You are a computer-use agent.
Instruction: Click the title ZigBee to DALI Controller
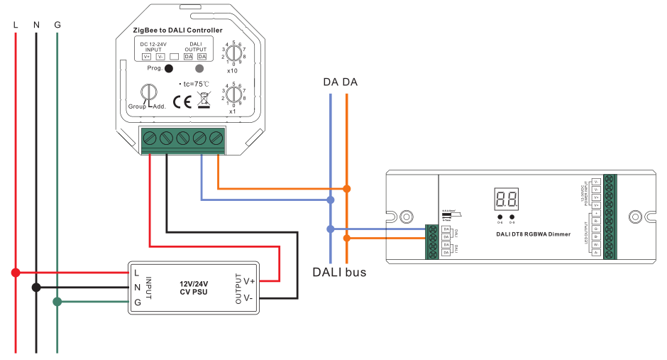tap(177, 31)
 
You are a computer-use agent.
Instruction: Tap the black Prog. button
tap(169, 69)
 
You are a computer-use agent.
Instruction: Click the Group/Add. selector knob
tap(148, 94)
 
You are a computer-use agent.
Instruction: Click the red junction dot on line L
tap(15, 272)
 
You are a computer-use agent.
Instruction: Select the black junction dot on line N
tap(36, 288)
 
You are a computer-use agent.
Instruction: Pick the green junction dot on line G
tap(57, 302)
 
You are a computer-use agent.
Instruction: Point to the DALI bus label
tap(340, 272)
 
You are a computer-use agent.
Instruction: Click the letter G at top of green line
tap(57, 25)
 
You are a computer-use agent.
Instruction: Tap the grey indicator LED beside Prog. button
tap(199, 69)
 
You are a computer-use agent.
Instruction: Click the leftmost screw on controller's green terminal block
tap(150, 137)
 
